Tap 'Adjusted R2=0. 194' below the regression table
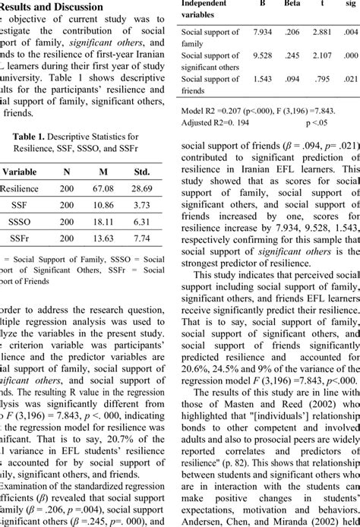pyautogui.click(x=217, y=121)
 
